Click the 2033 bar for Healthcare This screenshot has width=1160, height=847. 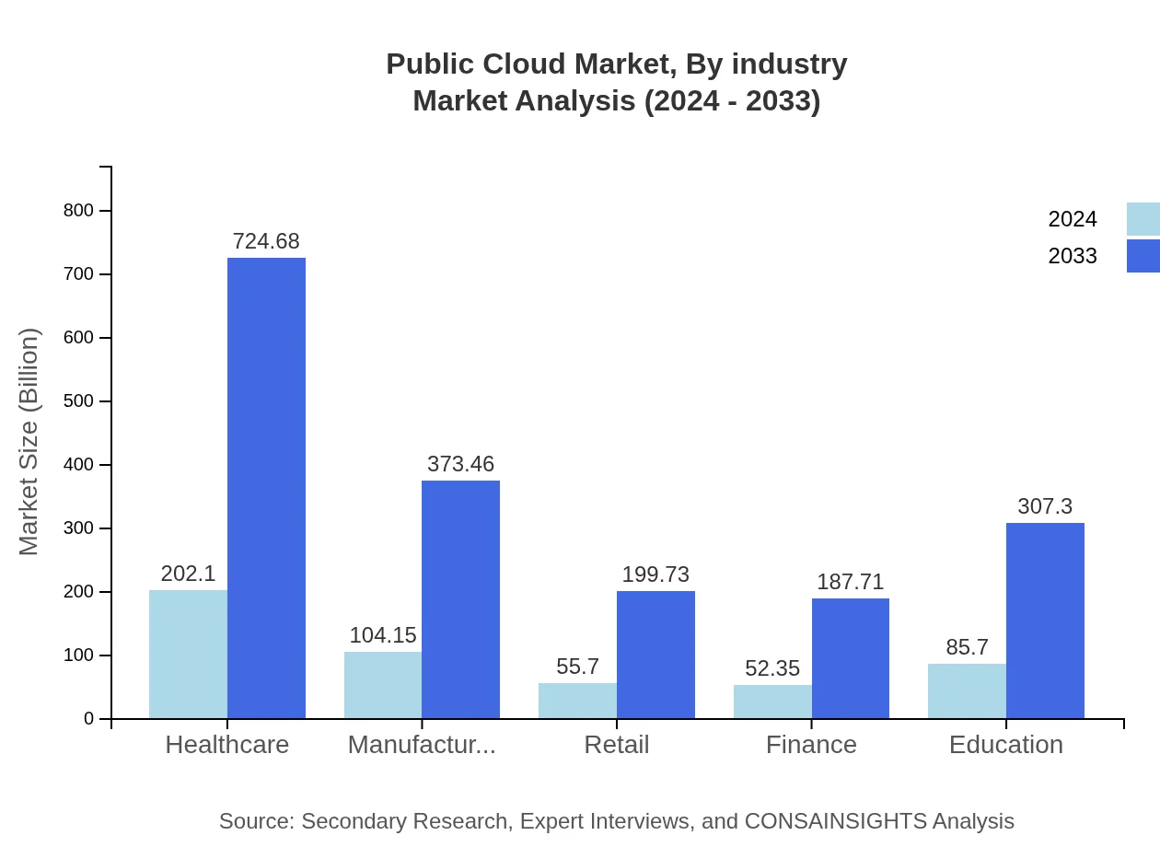point(266,488)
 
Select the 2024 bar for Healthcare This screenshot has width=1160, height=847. point(188,654)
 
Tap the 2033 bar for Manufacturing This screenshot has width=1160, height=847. point(460,599)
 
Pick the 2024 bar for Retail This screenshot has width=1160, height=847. point(577,701)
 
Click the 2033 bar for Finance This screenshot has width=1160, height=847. point(851,658)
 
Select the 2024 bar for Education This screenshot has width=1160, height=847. point(967,691)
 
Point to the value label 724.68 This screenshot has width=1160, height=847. point(266,241)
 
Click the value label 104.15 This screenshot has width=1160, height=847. point(383,635)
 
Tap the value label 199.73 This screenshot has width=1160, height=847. point(655,574)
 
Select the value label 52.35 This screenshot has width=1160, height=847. point(772,668)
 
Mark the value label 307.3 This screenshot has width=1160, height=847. point(1045,506)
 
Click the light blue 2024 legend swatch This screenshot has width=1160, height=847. point(1143,219)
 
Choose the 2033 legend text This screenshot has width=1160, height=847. point(1073,256)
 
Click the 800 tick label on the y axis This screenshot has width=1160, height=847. point(78,211)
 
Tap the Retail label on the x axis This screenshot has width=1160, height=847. point(617,745)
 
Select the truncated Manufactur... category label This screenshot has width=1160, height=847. point(422,745)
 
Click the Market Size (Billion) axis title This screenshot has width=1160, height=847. point(29,442)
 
